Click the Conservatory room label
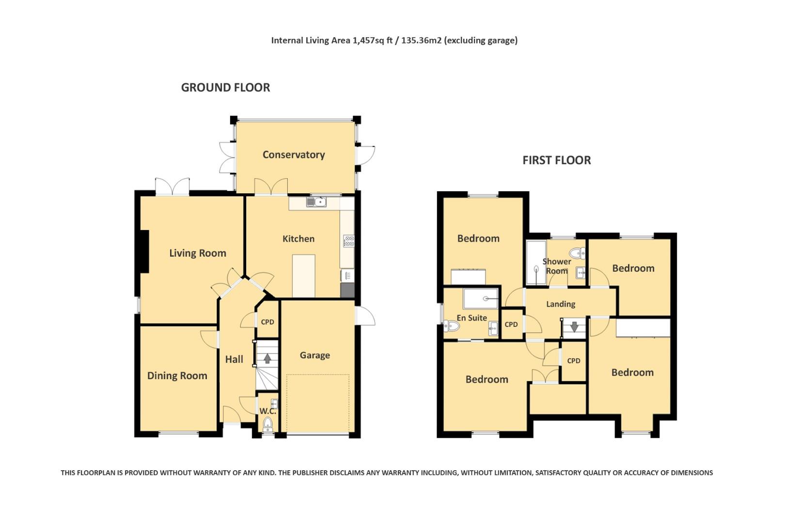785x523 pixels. [x=294, y=154]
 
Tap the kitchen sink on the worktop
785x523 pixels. [x=316, y=202]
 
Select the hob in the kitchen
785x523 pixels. [x=348, y=241]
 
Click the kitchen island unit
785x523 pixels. [x=304, y=276]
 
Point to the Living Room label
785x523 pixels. [x=198, y=253]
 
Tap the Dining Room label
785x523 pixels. [x=177, y=376]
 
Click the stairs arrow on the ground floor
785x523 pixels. [x=267, y=359]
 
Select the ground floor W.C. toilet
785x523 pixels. [x=267, y=425]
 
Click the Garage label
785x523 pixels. [x=315, y=355]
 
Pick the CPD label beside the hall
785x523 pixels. [x=267, y=322]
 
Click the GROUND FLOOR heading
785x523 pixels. [x=225, y=88]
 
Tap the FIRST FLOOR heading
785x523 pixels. [x=556, y=160]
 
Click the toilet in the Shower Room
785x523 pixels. [x=577, y=253]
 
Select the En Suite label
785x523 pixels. [x=471, y=318]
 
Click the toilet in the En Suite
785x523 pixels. [x=451, y=326]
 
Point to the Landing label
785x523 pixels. [x=561, y=304]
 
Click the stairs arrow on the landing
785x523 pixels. [x=574, y=327]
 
